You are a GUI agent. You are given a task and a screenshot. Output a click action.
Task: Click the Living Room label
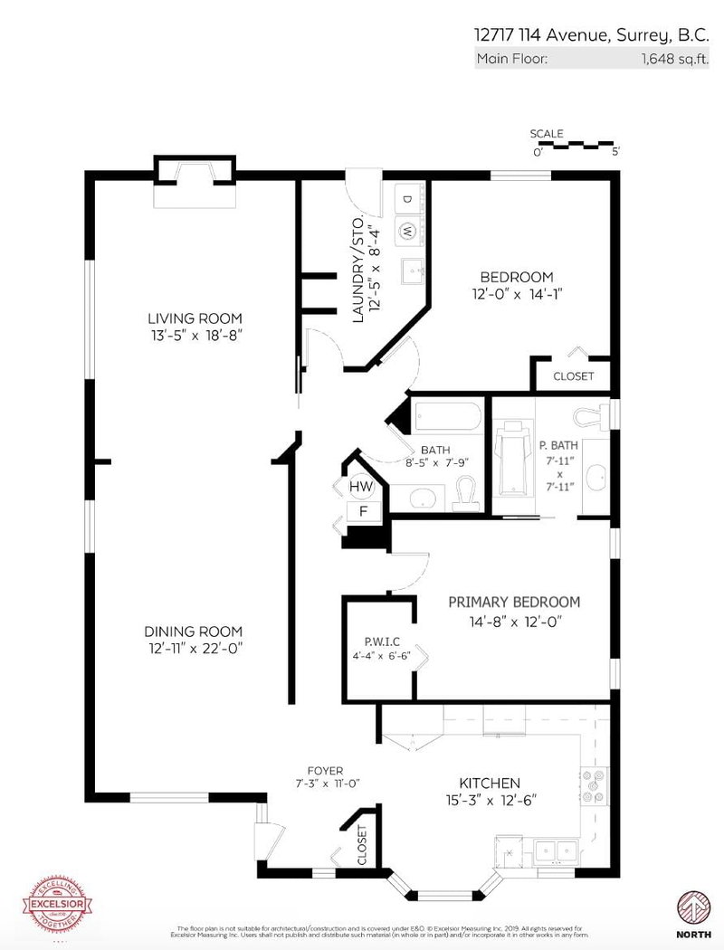[195, 318]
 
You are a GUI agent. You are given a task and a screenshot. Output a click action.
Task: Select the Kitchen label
[489, 783]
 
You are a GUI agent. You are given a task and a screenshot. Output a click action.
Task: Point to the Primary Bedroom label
[514, 602]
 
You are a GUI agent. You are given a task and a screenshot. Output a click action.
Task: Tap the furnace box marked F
[363, 511]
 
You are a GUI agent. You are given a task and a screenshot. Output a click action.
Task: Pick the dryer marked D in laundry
[407, 199]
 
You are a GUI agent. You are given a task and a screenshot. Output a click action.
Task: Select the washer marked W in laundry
[407, 231]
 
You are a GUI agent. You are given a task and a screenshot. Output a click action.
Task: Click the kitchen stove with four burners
[595, 785]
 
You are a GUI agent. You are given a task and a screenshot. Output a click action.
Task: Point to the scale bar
[576, 145]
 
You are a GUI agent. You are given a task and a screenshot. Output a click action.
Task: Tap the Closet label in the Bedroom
[573, 375]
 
